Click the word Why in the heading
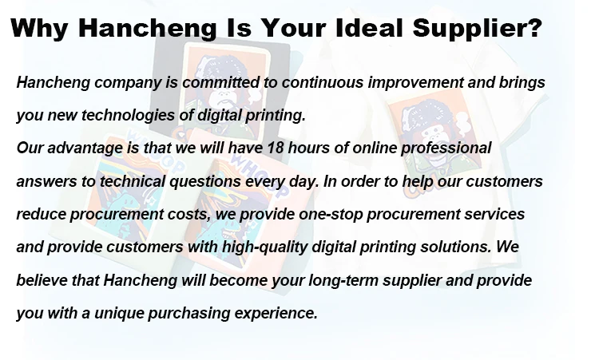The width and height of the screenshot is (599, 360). pos(40,28)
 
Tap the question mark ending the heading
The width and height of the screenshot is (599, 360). pos(534,28)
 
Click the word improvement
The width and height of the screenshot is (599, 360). pos(415,83)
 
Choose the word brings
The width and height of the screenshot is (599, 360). pos(522,83)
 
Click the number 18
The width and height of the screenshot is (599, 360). pos(275,148)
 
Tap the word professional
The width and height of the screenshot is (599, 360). pos(446,148)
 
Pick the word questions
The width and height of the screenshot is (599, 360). pos(205,182)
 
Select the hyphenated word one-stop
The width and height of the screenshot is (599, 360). pos(331,215)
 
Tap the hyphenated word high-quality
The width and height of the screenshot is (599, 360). pos(264,247)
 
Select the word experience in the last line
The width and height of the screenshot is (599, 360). pos(276,314)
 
